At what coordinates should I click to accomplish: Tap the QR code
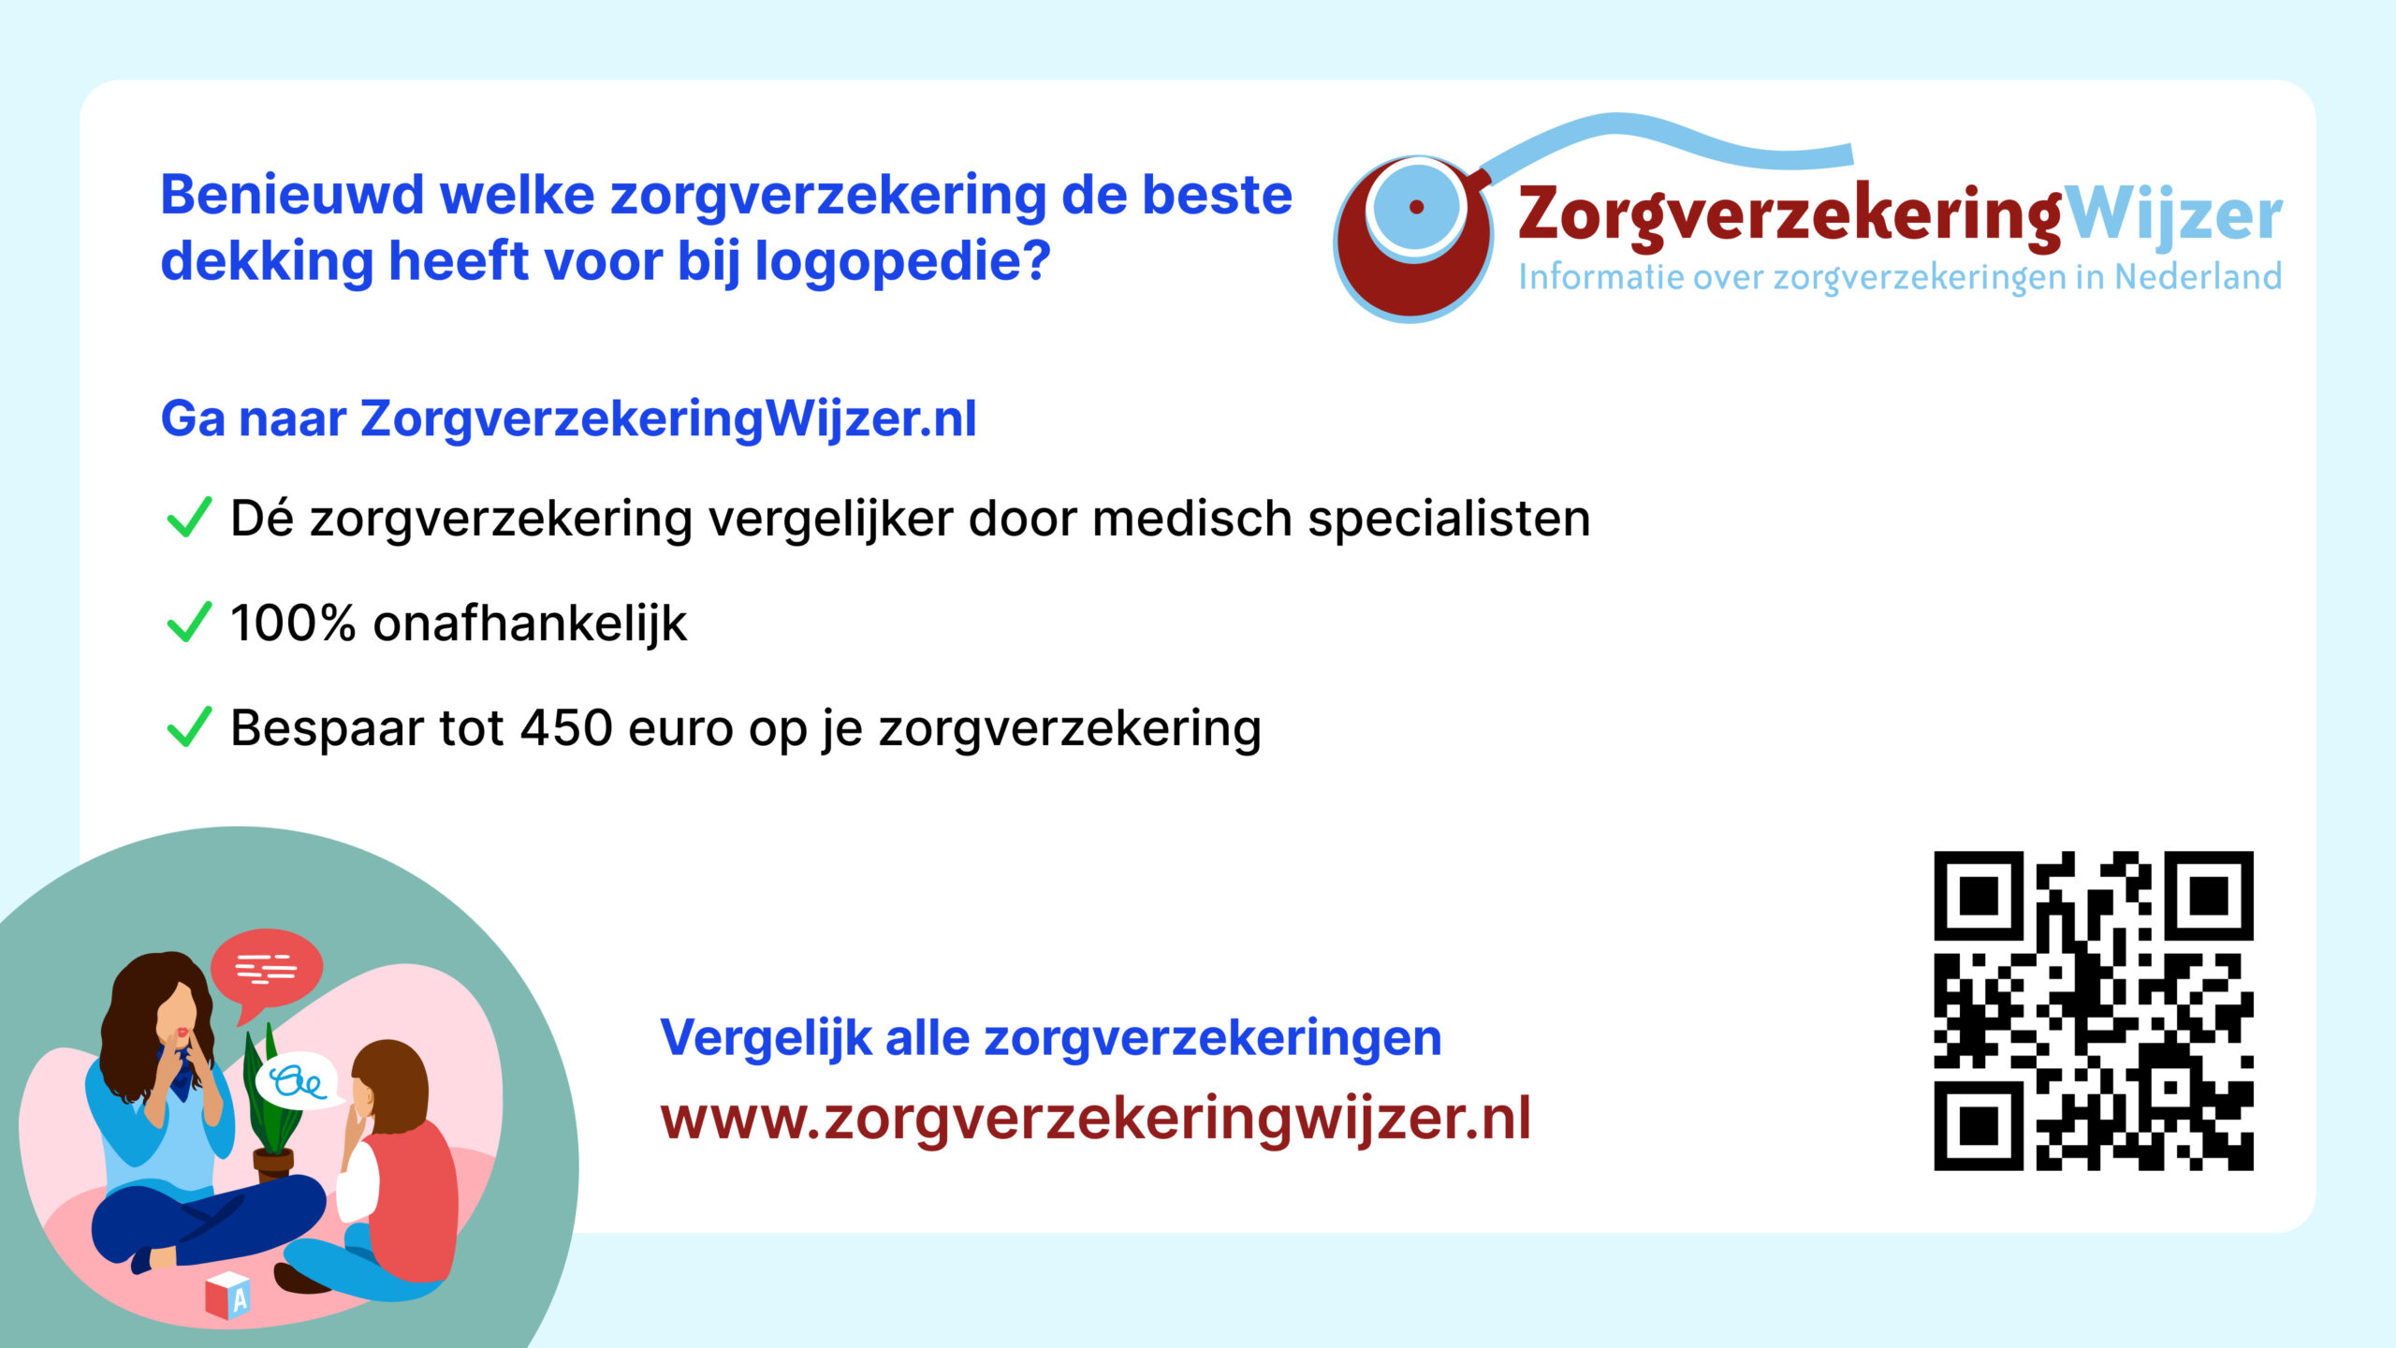2094,1011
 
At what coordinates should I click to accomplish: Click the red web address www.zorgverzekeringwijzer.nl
1096,1120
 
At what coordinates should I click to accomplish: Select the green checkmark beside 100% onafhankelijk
189,623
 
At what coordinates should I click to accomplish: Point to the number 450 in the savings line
566,727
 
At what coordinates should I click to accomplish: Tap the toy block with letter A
227,1296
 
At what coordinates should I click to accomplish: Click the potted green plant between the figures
271,1105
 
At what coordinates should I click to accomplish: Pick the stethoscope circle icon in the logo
1413,239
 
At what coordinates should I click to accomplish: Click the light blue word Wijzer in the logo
2172,216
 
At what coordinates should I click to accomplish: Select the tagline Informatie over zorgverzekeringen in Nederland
1900,278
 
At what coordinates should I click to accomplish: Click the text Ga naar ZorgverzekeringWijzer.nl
569,418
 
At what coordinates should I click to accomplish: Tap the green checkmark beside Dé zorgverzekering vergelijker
189,518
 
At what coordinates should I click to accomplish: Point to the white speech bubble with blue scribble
301,1082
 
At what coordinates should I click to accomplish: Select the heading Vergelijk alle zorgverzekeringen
1051,1039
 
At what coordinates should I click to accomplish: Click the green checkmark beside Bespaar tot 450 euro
189,727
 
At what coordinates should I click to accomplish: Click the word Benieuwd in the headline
292,196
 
